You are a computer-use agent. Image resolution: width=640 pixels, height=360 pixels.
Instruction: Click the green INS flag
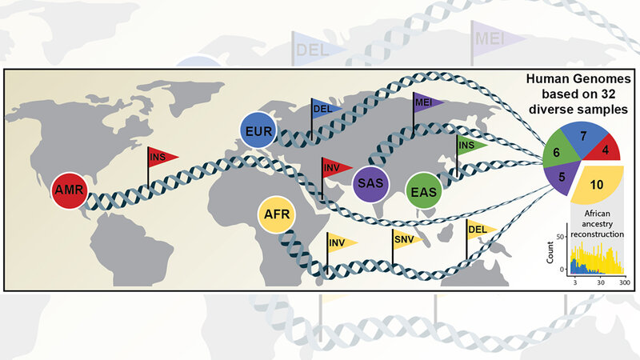tap(470, 145)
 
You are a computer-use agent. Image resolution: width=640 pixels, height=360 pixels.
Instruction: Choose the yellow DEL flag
tap(480, 229)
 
